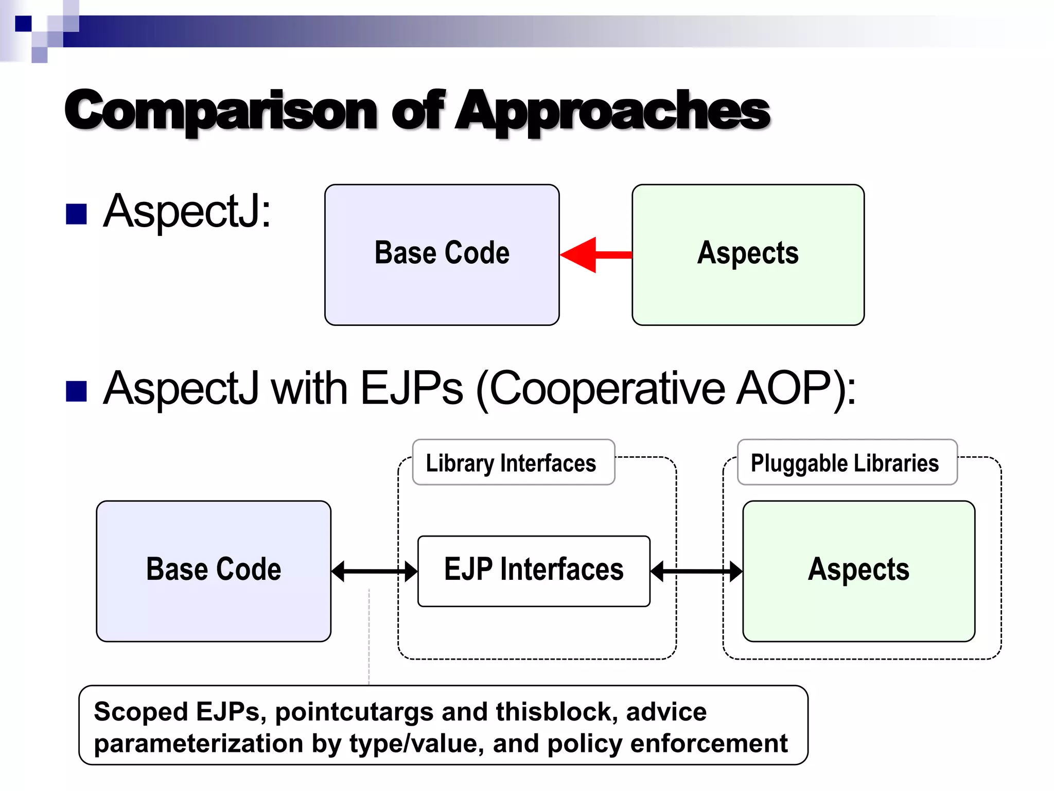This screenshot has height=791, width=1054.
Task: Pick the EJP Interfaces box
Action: (x=534, y=571)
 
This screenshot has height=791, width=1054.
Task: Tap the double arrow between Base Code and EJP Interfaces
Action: (x=374, y=572)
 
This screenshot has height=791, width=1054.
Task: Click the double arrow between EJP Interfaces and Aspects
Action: (x=696, y=572)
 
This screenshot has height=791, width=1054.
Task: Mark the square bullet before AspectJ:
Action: (x=76, y=214)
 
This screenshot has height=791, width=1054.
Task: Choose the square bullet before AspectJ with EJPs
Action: (x=76, y=391)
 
